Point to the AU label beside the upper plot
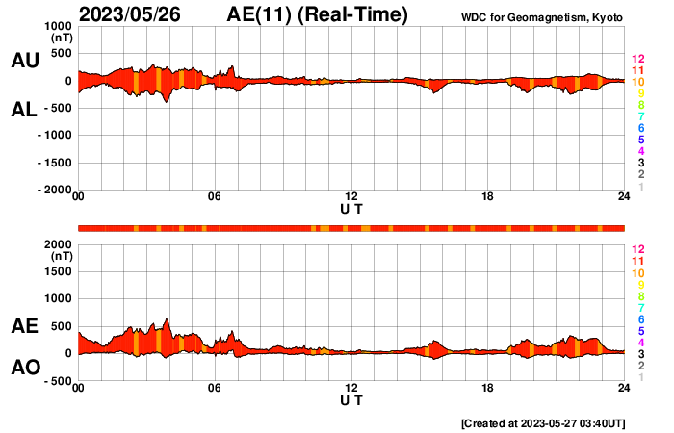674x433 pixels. point(24,60)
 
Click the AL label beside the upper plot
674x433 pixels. point(24,110)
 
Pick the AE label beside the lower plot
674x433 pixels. point(24,326)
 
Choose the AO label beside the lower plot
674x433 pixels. point(24,368)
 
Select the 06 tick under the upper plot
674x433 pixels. point(215,197)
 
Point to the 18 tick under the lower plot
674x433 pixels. point(488,388)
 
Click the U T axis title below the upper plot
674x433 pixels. point(351,208)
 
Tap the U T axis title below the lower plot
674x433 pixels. point(351,398)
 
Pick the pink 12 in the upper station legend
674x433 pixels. point(637,59)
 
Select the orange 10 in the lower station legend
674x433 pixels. point(637,273)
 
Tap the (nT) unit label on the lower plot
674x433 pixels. point(60,257)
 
